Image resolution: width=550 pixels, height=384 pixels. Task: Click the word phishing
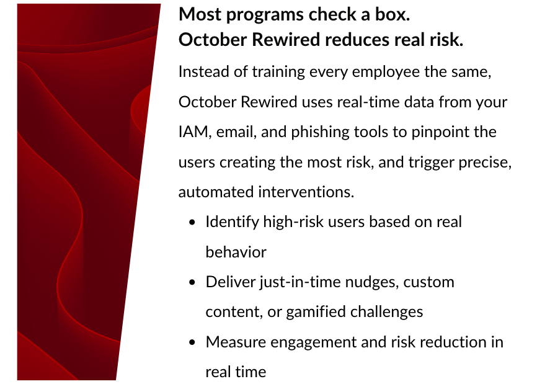320,133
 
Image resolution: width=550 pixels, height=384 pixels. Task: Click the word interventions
306,192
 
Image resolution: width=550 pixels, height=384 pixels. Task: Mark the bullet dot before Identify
192,223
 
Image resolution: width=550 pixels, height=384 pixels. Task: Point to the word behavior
236,252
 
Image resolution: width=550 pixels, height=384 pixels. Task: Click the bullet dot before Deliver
192,282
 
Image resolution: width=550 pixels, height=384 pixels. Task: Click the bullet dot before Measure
192,342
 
